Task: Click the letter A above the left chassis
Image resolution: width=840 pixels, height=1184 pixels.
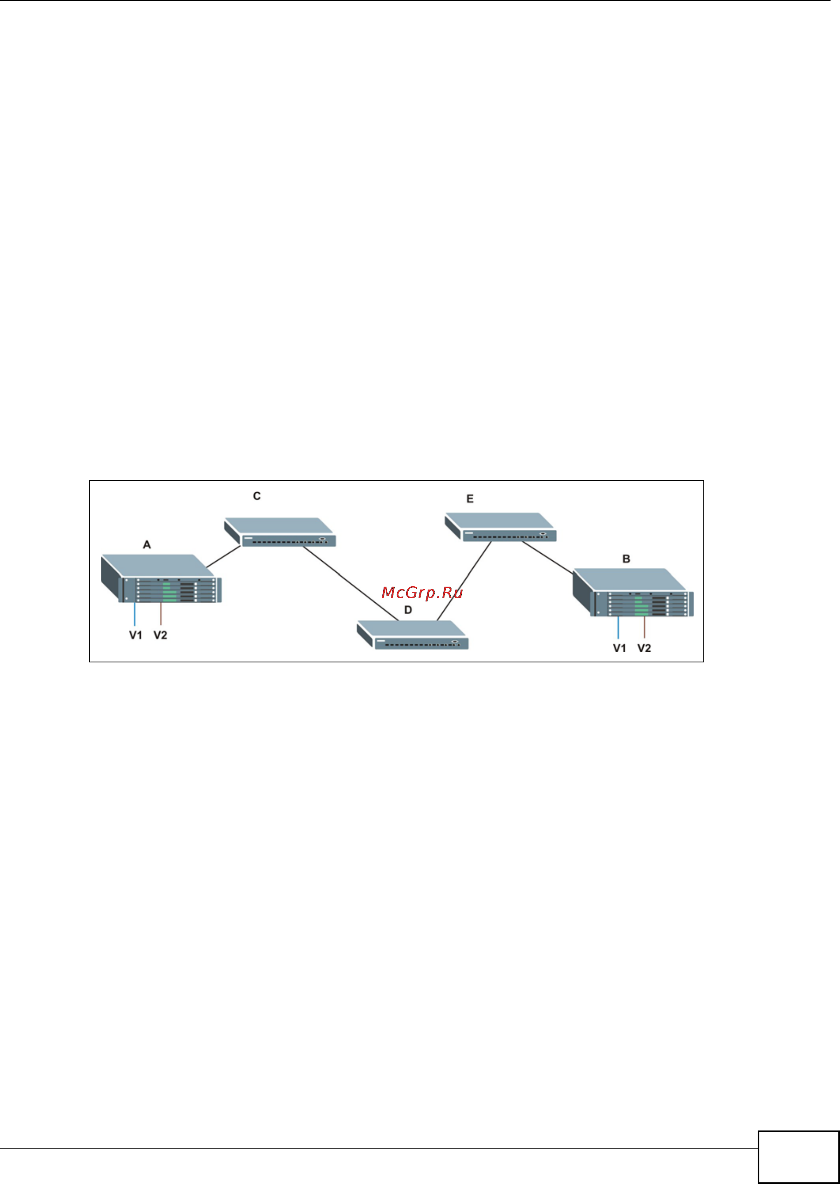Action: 147,545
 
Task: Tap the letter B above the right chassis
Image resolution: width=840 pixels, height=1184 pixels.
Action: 626,559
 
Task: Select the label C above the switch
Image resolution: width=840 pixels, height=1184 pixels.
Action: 256,496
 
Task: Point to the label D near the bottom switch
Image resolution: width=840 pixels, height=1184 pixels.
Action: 408,610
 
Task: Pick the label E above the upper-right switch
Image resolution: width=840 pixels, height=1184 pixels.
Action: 470,499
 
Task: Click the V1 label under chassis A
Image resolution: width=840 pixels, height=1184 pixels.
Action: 135,635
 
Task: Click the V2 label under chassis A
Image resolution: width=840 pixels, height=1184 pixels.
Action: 161,635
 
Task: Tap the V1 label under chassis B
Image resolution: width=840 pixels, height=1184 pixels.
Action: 619,648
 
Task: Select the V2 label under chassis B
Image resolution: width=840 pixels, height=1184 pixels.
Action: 644,648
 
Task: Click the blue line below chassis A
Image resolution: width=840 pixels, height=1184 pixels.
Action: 135,614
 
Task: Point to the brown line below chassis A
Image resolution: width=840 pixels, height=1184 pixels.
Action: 161,614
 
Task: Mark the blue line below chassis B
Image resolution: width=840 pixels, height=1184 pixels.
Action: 618,627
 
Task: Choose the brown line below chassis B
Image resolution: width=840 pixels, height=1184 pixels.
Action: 644,627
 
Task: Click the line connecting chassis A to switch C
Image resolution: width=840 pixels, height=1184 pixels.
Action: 224,557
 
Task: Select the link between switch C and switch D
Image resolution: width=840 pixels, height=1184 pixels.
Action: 351,583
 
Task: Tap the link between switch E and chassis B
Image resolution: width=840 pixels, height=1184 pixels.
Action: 548,557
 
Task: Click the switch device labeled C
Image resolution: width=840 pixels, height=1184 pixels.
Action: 280,532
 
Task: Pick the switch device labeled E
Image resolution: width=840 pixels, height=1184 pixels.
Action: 501,527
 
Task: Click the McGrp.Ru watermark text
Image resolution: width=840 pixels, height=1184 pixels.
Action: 422,593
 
